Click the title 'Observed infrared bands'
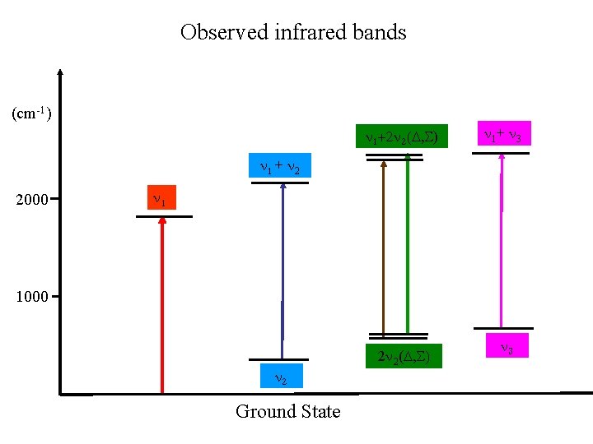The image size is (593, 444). coord(293,33)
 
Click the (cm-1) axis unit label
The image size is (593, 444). coord(32,113)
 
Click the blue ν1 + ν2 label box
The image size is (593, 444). coord(280,167)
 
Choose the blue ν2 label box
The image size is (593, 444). coord(280,376)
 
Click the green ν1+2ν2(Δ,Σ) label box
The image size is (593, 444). coord(401,136)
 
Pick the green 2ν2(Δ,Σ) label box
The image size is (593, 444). coord(404,356)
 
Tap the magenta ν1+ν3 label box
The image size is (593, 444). coord(502,134)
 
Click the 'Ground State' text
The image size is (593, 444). coord(287,411)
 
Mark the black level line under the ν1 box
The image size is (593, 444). coord(164,216)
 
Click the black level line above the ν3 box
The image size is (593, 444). coord(503,329)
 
